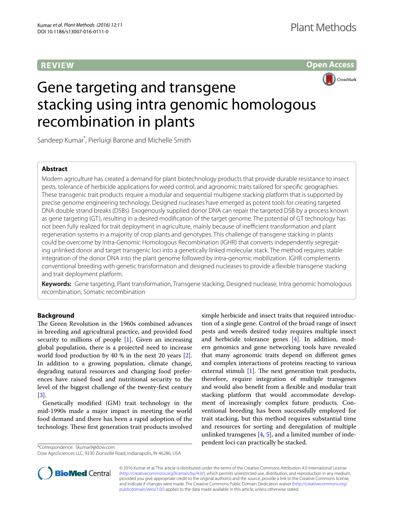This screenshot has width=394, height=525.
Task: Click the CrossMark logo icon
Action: coord(329,79)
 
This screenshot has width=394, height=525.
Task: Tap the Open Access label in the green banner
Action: coord(330,65)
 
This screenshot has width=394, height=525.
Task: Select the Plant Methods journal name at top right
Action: coord(323,28)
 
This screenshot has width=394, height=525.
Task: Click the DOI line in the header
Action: coord(73,32)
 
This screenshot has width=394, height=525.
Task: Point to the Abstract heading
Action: coord(55,169)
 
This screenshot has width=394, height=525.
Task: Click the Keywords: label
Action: coord(57,284)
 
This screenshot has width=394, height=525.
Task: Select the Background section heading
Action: coord(56,316)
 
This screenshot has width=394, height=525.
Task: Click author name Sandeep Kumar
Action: coord(60,140)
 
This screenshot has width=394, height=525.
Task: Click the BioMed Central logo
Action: coord(74,473)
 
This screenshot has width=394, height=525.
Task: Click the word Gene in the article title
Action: coord(55,88)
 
